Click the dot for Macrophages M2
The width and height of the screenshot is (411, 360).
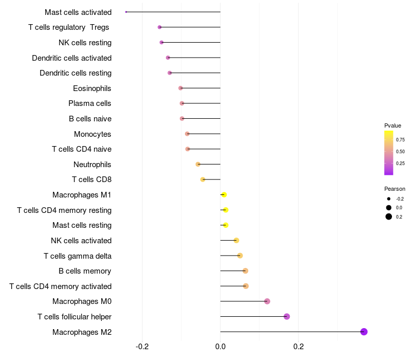pyautogui.click(x=364, y=332)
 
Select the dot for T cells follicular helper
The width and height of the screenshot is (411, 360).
pyautogui.click(x=287, y=316)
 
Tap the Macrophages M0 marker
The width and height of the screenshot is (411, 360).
pyautogui.click(x=267, y=301)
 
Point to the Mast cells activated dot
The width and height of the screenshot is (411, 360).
pyautogui.click(x=126, y=12)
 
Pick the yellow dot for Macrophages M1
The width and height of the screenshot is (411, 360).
pyautogui.click(x=224, y=195)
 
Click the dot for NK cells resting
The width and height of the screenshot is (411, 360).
pyautogui.click(x=161, y=42)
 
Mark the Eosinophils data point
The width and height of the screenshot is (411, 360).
pyautogui.click(x=180, y=88)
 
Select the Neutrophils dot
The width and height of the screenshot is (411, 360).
pyautogui.click(x=198, y=164)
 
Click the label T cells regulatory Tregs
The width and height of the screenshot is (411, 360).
pyautogui.click(x=69, y=27)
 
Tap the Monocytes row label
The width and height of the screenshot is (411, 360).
pyautogui.click(x=92, y=134)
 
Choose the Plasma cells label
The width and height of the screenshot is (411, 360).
pyautogui.click(x=90, y=103)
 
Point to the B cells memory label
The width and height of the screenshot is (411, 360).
pyautogui.click(x=85, y=271)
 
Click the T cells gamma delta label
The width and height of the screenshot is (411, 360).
pyautogui.click(x=78, y=256)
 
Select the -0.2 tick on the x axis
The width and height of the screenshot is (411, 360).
pyautogui.click(x=142, y=347)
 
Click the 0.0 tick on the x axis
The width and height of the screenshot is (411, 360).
pyautogui.click(x=220, y=347)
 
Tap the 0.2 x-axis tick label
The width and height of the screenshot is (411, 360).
pyautogui.click(x=298, y=347)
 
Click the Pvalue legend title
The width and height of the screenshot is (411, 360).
pyautogui.click(x=393, y=125)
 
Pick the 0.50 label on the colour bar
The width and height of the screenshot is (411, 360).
pyautogui.click(x=400, y=152)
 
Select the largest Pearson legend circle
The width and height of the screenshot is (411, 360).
pyautogui.click(x=389, y=217)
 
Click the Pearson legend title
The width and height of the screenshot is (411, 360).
pyautogui.click(x=395, y=189)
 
